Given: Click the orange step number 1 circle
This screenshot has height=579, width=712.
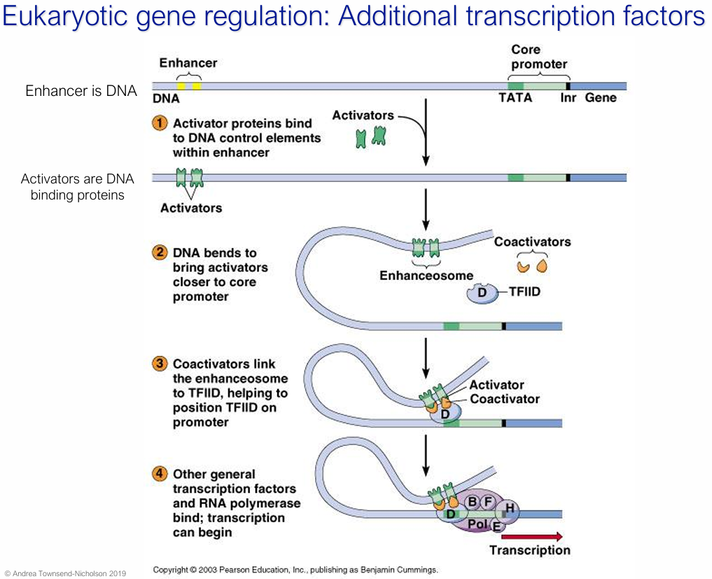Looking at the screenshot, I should click(x=160, y=123).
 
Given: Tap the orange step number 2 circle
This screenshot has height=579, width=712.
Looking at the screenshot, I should click(x=160, y=253).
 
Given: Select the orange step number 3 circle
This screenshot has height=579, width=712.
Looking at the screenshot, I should click(x=160, y=363).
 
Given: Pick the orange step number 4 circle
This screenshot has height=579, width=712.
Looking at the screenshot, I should click(x=160, y=474).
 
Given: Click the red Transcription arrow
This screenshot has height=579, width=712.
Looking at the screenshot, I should click(x=531, y=536).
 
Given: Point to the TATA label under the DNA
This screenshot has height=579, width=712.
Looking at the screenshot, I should click(x=515, y=98).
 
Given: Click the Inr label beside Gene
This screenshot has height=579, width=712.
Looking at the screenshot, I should click(x=568, y=98).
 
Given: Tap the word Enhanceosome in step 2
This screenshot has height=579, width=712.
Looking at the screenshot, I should click(x=426, y=275).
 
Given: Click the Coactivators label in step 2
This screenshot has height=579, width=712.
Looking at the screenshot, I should click(x=532, y=242).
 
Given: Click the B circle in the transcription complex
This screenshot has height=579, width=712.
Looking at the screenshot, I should click(x=473, y=501).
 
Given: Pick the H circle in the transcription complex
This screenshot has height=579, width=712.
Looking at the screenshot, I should click(x=509, y=508).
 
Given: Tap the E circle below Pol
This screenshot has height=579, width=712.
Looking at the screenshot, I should click(x=497, y=526).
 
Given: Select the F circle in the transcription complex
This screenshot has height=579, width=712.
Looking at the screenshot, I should click(x=489, y=501).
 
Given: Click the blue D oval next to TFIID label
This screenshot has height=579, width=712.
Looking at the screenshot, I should click(x=482, y=293).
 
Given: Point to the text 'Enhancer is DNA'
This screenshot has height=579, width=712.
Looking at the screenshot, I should click(x=81, y=91).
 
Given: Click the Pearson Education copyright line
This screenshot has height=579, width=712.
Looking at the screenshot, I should click(x=295, y=569).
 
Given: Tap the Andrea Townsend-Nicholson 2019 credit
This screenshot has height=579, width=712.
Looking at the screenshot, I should click(x=65, y=572).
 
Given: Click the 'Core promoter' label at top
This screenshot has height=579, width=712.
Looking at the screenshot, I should click(x=538, y=57).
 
